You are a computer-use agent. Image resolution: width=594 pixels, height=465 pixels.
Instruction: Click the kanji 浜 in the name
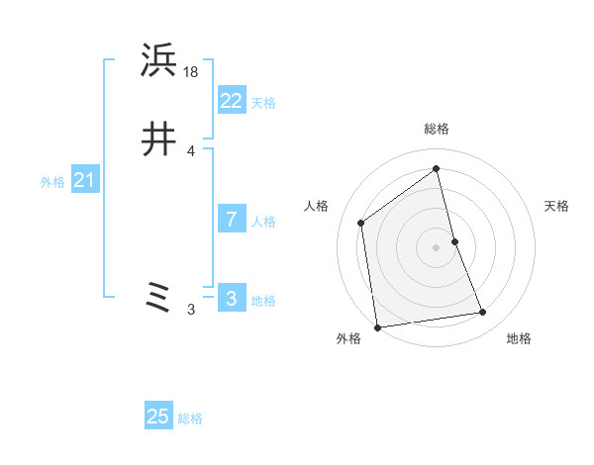159,61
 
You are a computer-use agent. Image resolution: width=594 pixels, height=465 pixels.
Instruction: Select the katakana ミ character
159,297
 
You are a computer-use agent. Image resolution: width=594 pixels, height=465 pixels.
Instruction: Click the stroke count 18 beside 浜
191,71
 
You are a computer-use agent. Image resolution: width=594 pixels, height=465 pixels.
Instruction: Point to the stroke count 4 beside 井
190,150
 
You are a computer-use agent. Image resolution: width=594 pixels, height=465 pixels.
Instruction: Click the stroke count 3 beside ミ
190,310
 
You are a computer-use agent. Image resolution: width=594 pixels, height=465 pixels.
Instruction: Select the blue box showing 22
231,100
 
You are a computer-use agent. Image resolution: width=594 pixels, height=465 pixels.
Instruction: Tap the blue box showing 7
231,219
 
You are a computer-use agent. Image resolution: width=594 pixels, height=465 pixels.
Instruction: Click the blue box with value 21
84,180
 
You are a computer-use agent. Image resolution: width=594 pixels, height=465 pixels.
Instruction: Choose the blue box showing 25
157,417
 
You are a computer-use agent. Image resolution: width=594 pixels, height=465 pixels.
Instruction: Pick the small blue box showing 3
231,298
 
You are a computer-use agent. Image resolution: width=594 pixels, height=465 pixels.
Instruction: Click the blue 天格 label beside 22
263,103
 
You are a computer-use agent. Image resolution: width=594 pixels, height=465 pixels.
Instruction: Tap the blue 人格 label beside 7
263,222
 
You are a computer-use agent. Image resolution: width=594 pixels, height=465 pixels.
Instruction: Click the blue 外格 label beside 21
52,182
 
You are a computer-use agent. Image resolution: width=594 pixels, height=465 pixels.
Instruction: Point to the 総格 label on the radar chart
437,129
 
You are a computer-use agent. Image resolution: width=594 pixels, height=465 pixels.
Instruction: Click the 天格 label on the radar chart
556,206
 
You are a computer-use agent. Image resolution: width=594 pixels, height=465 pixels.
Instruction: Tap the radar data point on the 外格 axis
377,326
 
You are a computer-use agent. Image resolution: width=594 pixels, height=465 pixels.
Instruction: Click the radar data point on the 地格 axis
483,313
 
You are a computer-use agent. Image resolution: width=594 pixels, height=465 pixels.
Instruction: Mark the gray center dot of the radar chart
437,246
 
